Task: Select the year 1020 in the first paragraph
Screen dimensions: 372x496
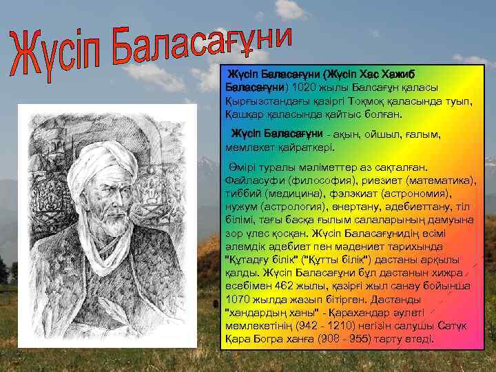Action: click(302, 87)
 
